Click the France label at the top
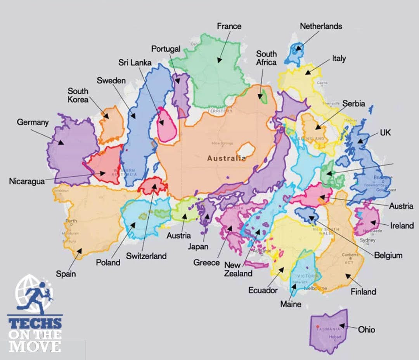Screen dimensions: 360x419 tap(229, 26)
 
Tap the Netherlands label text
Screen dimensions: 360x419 tap(321, 26)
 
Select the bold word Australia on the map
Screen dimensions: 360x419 tap(226, 158)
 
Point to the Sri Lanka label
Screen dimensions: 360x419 tap(135, 63)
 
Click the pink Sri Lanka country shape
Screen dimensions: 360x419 tap(167, 125)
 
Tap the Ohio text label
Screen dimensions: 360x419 tap(366, 330)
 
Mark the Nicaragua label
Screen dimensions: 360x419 tap(27, 181)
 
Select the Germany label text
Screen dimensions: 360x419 tap(33, 122)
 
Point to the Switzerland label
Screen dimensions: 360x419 tap(146, 256)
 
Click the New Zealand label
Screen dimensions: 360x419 tap(238, 269)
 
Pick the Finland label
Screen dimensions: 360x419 tap(364, 291)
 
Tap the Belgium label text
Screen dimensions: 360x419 tap(388, 255)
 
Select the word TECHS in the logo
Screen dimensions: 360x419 tap(35, 323)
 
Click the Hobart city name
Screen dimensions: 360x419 tap(335, 337)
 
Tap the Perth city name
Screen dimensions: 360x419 tap(72, 221)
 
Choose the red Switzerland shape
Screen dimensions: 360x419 tap(152, 186)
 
